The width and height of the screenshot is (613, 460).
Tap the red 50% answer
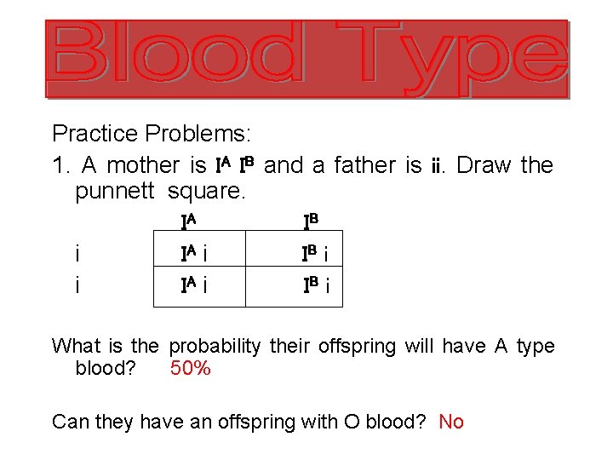191,369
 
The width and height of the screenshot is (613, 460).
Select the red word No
451,422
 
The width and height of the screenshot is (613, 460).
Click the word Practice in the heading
95,134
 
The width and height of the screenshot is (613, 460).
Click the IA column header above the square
189,222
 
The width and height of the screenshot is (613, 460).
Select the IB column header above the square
311,222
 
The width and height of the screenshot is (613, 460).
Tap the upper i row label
77,254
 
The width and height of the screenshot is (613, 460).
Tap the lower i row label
77,285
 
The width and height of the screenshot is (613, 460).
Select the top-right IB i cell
318,253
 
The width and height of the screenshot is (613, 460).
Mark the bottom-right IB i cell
318,285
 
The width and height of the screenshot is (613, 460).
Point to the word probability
216,347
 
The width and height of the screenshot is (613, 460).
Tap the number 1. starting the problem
59,165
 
